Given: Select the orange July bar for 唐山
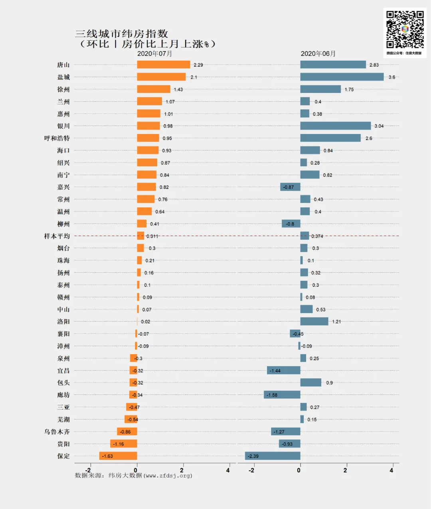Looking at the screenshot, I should click(164, 65).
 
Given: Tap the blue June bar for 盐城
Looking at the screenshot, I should click(342, 77).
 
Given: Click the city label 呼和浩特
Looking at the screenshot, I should click(57, 138).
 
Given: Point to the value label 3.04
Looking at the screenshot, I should click(379, 126).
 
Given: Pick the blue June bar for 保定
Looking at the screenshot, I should click(273, 456).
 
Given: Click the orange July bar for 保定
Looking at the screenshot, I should click(118, 456).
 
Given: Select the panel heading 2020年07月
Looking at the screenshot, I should click(154, 54).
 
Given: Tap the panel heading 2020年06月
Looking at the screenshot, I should click(318, 54).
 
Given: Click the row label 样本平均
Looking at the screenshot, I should click(57, 236).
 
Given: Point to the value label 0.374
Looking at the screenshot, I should click(317, 236).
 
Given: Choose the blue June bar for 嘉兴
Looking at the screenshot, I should click(290, 187).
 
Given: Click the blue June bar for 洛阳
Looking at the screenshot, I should click(314, 322).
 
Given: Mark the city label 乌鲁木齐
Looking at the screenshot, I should click(57, 432).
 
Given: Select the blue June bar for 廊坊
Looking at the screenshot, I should click(282, 395).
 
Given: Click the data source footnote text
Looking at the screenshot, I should click(133, 475).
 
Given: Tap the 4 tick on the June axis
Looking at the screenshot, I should click(391, 470).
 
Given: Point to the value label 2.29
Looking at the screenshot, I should click(198, 65).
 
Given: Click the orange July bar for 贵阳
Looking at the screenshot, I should click(124, 444).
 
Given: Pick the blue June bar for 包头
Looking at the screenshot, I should click(310, 383).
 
